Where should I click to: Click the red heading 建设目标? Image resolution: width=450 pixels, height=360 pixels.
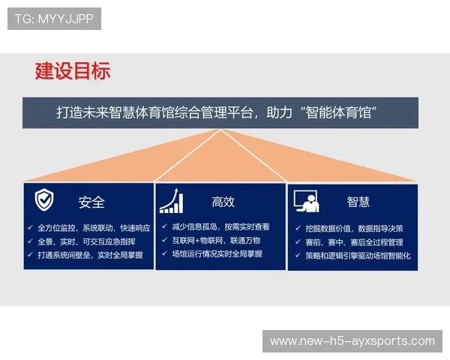(x=73, y=71)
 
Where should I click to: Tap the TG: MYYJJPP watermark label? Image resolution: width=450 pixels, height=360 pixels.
(x=54, y=19)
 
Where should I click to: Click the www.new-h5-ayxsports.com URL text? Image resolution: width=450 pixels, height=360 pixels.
(x=352, y=341)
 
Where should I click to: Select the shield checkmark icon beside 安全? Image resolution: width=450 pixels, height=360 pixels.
(x=44, y=200)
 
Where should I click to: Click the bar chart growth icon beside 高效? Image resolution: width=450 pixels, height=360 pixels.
(x=172, y=201)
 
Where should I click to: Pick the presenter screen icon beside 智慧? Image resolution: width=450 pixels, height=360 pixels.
(x=306, y=201)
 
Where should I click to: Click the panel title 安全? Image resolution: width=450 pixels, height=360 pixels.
(x=91, y=202)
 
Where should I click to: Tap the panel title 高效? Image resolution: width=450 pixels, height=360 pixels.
(x=223, y=202)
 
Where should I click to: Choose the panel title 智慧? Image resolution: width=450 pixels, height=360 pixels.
(x=358, y=202)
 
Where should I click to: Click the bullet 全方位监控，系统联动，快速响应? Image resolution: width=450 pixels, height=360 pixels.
(x=94, y=227)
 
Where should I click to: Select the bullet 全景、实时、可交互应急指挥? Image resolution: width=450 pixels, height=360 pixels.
(x=86, y=241)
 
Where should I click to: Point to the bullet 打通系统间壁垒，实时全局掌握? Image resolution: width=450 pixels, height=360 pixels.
(x=90, y=255)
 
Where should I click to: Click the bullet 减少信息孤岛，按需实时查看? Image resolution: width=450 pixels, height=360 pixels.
(x=220, y=226)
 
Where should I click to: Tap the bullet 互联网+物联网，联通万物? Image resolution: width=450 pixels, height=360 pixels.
(x=216, y=240)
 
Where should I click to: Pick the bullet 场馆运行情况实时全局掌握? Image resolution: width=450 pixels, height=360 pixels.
(x=217, y=254)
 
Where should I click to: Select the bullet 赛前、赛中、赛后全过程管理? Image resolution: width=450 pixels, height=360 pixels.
(x=354, y=241)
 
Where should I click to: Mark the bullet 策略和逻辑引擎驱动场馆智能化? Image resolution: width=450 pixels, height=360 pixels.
(x=358, y=256)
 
